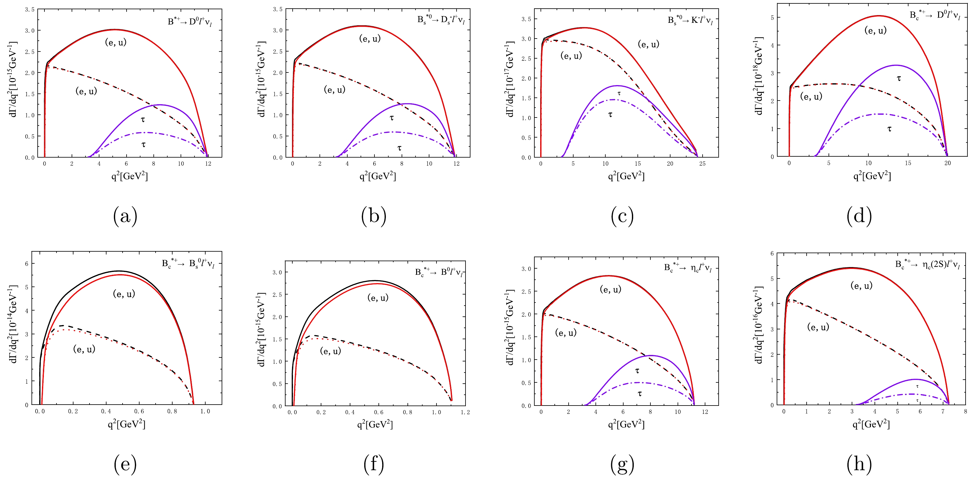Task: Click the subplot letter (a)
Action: pos(125,216)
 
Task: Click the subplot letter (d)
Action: pos(859,216)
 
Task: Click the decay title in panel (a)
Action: pos(190,22)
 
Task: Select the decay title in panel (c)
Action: pos(690,20)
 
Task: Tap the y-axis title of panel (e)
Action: pos(14,324)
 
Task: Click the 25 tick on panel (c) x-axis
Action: pos(702,164)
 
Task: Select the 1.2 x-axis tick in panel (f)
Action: pos(465,412)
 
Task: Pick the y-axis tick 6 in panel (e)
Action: pos(27,264)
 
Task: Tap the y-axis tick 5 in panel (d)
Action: pos(772,18)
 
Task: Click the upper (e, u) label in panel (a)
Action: pos(115,42)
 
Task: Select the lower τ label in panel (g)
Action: pos(640,394)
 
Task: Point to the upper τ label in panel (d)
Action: pos(899,78)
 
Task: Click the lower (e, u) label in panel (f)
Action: pos(331,351)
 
